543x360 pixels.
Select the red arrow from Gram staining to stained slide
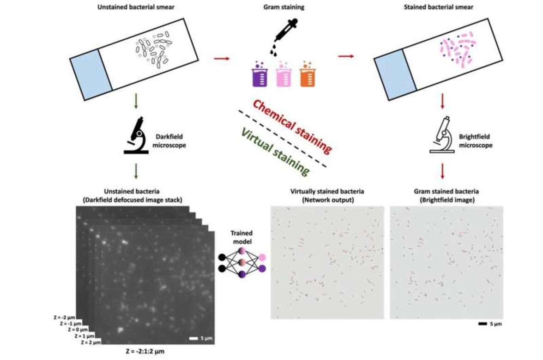click(x=346, y=56)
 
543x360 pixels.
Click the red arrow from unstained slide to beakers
click(x=222, y=58)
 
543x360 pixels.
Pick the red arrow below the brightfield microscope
click(x=442, y=171)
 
